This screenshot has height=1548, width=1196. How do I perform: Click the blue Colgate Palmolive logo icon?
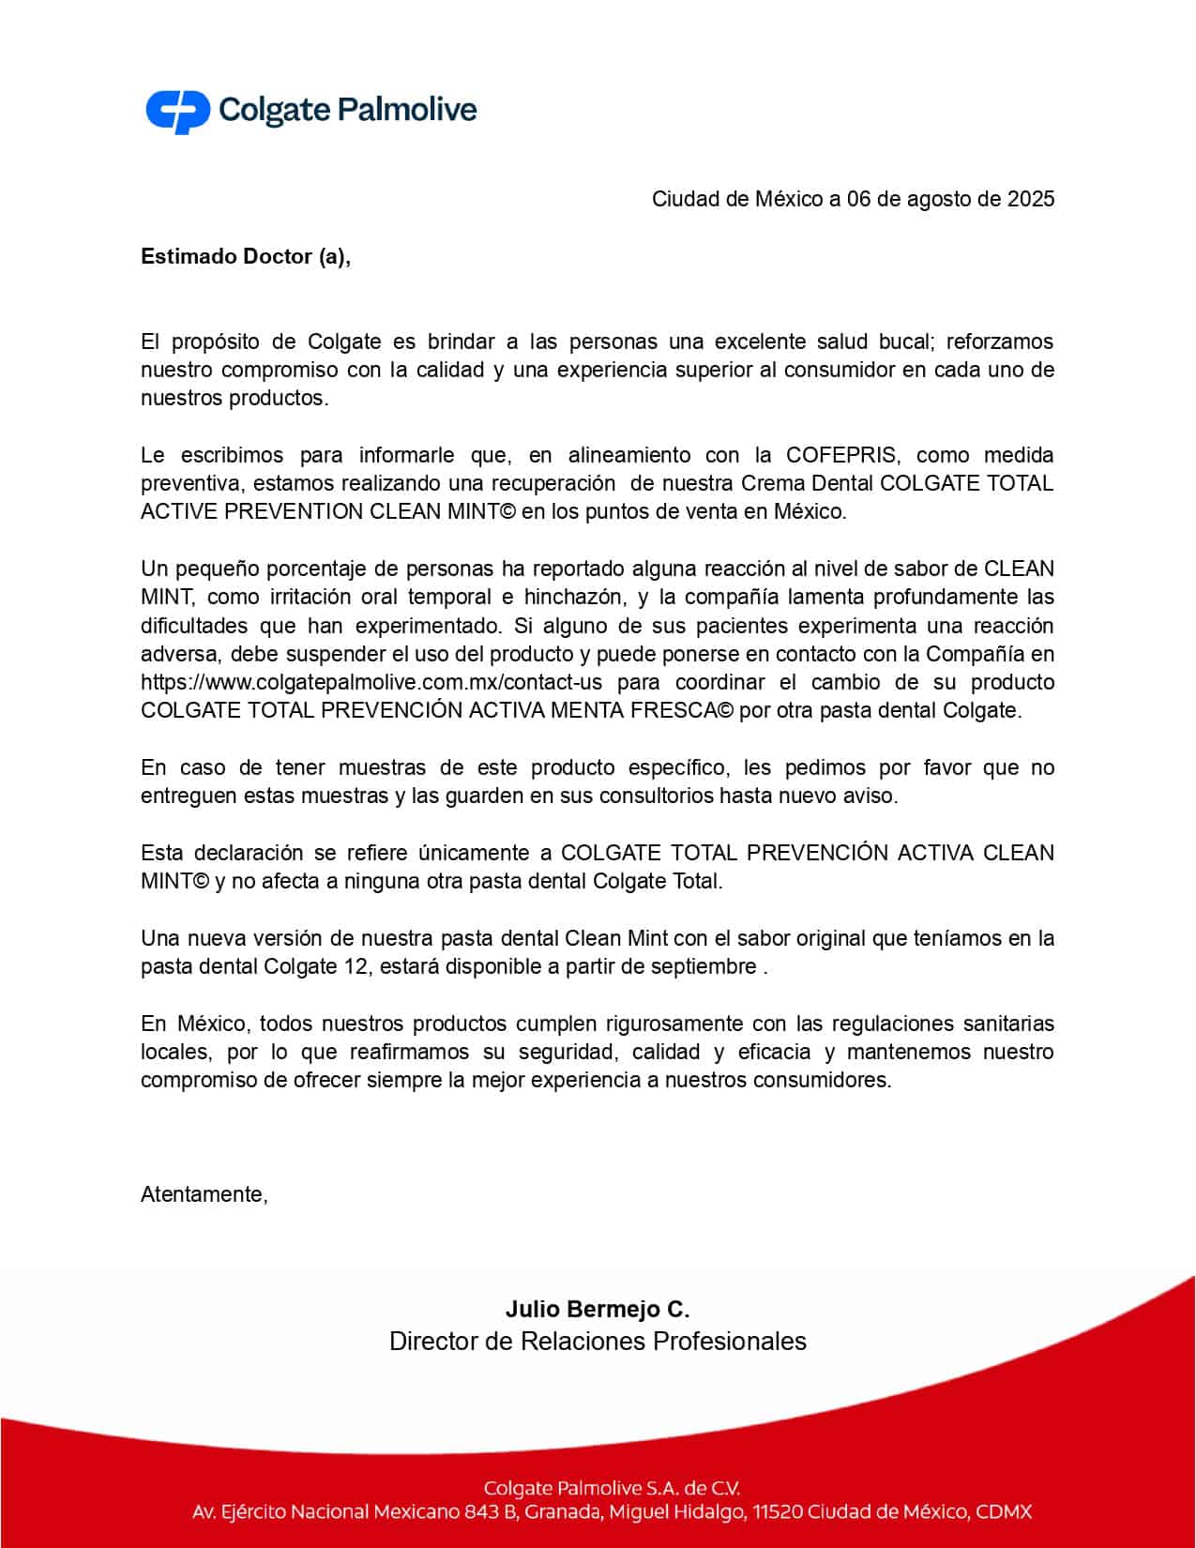point(177,111)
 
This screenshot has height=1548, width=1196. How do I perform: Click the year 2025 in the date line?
point(1031,199)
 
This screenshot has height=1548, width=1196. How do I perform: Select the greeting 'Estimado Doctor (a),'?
point(246,257)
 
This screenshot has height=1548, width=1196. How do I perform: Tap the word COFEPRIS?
point(843,456)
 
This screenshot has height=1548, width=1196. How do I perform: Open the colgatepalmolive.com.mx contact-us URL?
point(371,683)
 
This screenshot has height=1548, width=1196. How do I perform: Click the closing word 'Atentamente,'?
point(204,1194)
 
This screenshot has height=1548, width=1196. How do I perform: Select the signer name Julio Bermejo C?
point(598,1309)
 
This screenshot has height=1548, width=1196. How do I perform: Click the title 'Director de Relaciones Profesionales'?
point(598,1342)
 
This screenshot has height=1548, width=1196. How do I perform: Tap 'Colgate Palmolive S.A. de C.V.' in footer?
point(612,1488)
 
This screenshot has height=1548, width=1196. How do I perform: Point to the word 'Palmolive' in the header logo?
point(406,111)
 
